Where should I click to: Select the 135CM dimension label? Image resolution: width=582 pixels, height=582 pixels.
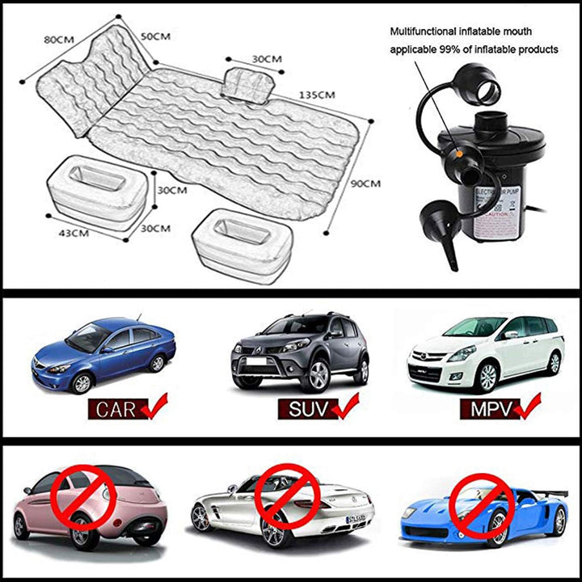click(317, 95)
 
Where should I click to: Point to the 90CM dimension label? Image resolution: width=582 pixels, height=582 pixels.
click(366, 183)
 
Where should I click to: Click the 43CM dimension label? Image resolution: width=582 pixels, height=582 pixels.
click(74, 233)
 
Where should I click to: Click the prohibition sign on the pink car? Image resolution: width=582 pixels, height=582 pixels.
click(84, 498)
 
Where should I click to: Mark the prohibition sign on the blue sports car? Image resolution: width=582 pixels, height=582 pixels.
click(483, 506)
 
